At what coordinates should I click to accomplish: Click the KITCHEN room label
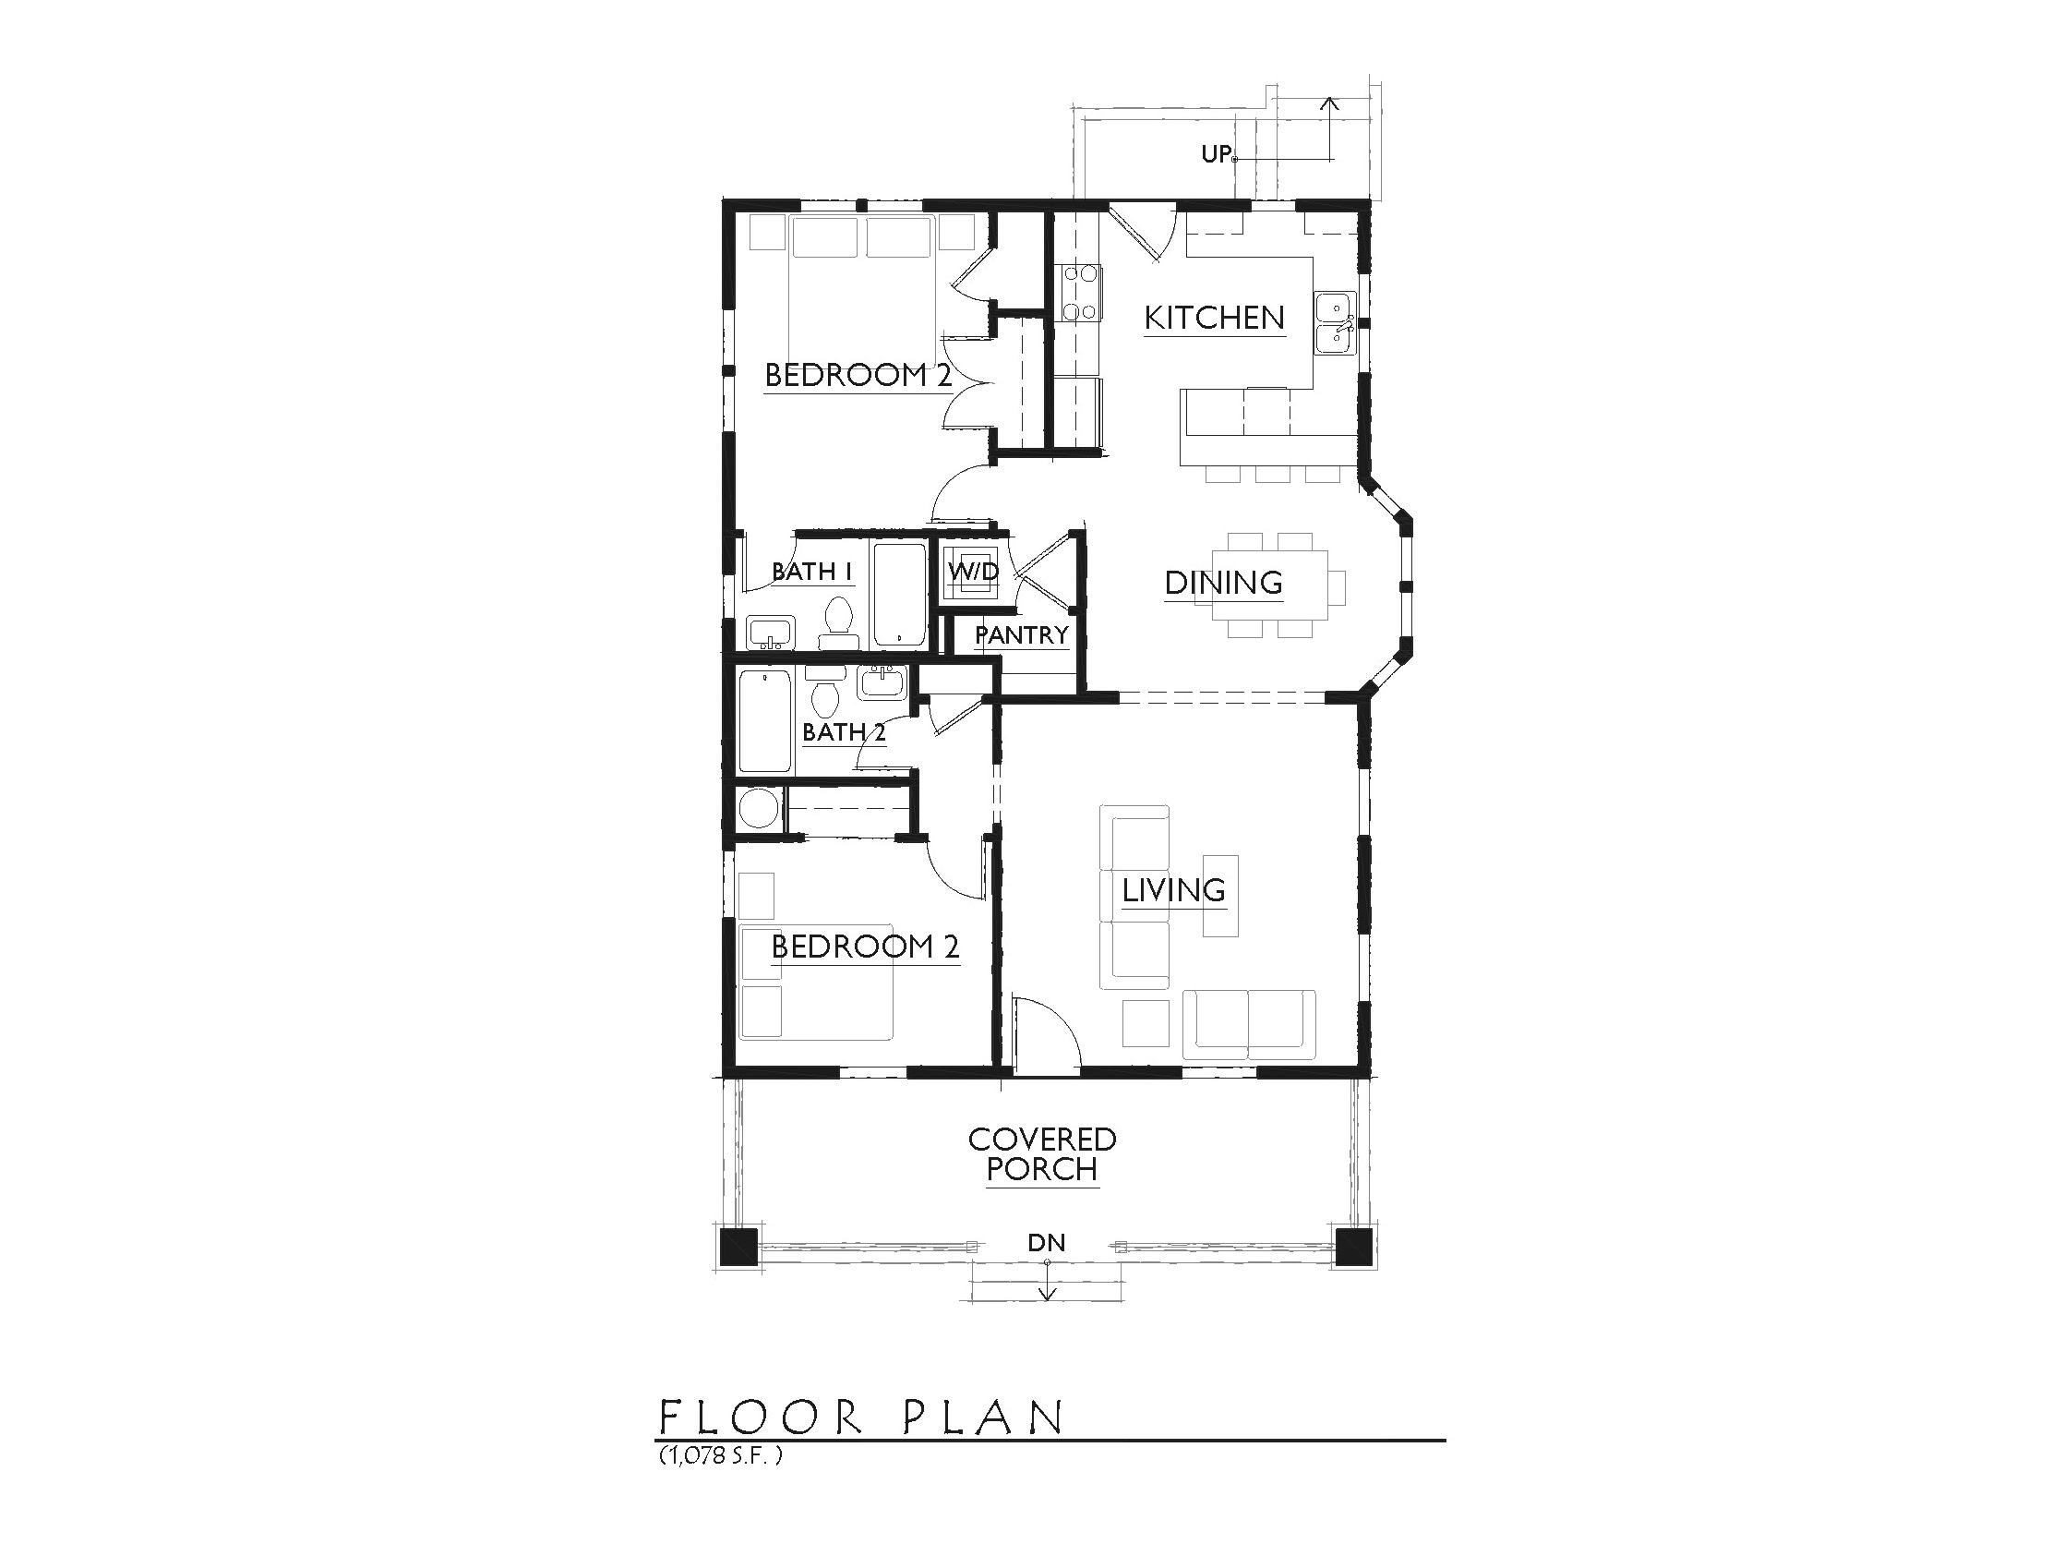pos(1214,319)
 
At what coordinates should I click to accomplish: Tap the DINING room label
pos(1223,584)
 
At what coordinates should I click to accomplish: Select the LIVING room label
pos(1174,890)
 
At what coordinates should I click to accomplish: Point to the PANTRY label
pos(1022,635)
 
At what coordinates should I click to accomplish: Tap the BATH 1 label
pos(812,572)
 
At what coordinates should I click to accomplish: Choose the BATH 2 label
pos(844,732)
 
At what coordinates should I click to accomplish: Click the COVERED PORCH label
pos(1042,1153)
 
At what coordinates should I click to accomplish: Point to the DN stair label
pos(1046,1242)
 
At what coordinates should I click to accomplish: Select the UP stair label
pos(1216,154)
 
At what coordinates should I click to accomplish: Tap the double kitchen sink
pos(1336,323)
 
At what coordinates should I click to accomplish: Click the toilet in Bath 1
pos(838,621)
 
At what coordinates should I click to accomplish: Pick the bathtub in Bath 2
pos(765,720)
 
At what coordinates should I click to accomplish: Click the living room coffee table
pos(1220,895)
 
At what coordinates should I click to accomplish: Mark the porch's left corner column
pos(739,1248)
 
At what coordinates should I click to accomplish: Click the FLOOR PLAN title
pos(861,1417)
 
